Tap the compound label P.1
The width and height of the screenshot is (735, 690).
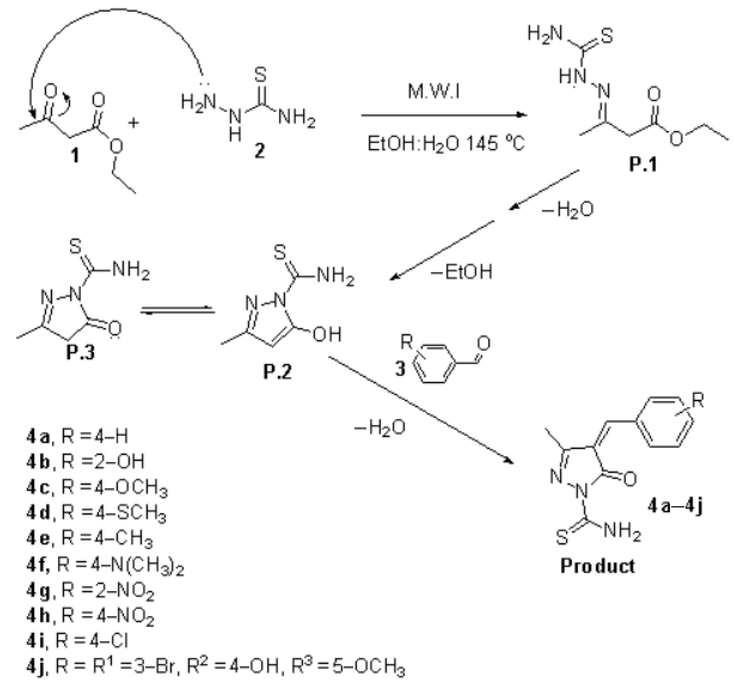click(x=643, y=164)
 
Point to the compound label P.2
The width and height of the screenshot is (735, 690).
click(x=277, y=371)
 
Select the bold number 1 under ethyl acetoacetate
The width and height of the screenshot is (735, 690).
click(x=75, y=155)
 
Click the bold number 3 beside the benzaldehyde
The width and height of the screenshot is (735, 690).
click(x=400, y=368)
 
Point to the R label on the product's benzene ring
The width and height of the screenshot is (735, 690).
click(x=698, y=400)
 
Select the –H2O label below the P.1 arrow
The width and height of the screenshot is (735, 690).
click(x=568, y=209)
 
